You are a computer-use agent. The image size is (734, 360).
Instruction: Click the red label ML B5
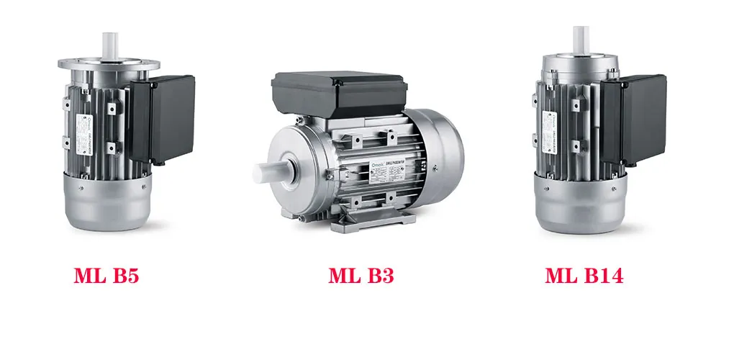[x=106, y=276]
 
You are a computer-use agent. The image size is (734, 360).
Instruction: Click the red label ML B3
[x=361, y=276]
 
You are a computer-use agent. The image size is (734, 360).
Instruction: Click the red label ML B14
[x=584, y=276]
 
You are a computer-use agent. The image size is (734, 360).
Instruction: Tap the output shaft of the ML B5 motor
[x=110, y=42]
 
